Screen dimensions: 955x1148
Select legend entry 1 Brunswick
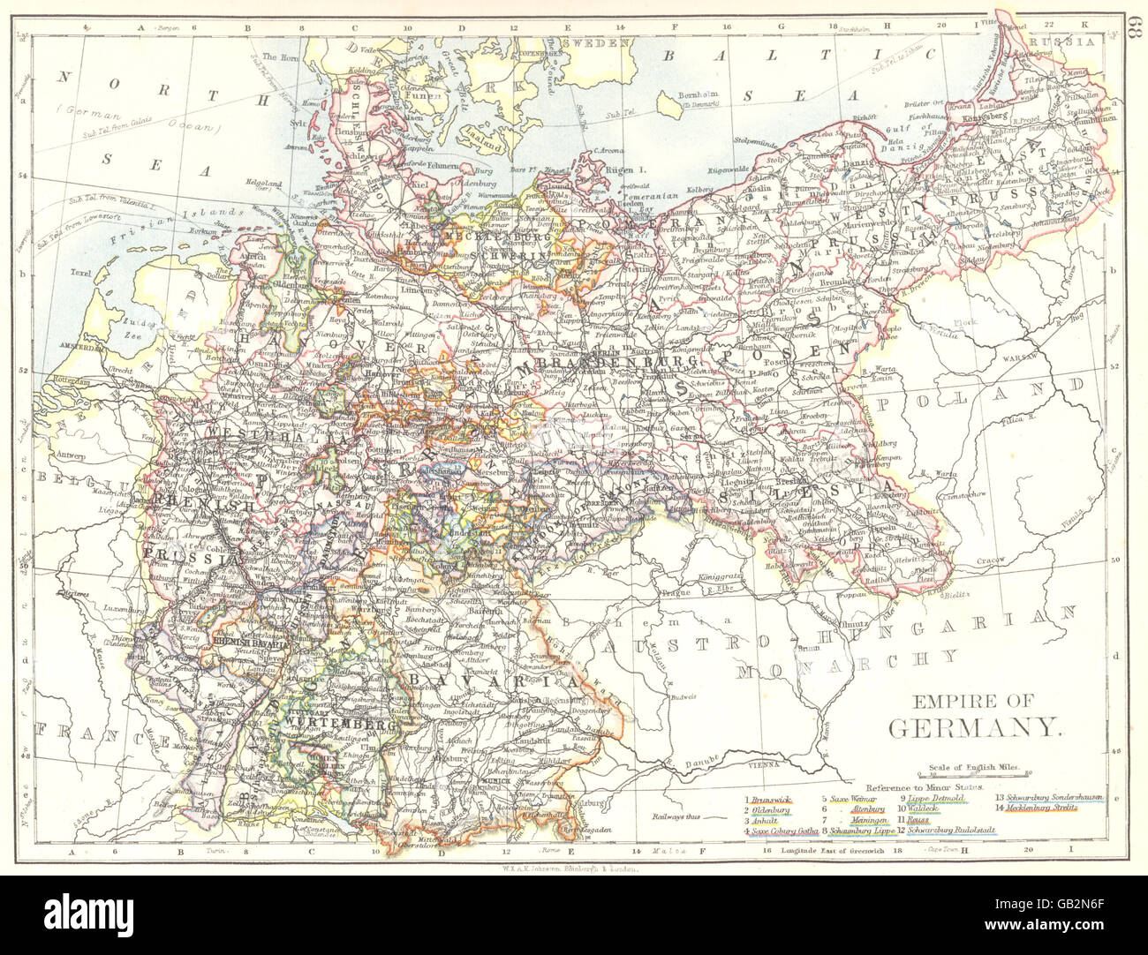pyautogui.click(x=767, y=798)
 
